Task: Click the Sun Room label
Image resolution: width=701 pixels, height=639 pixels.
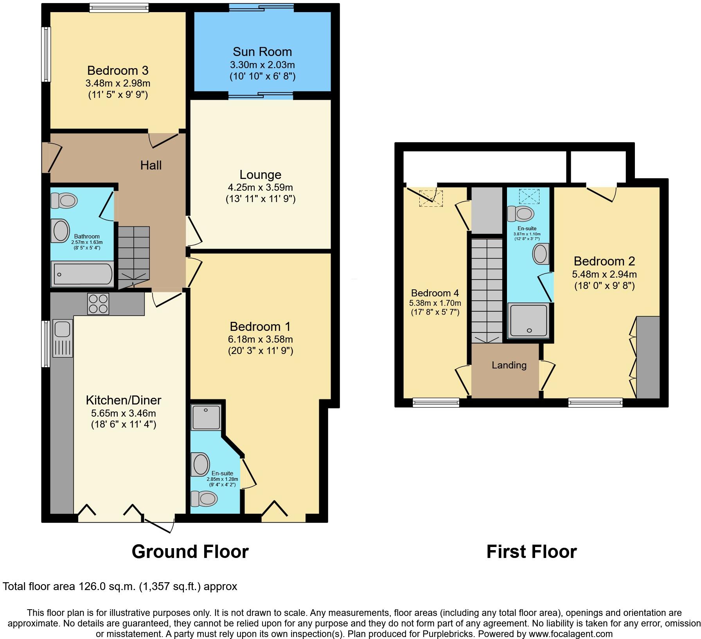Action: (x=262, y=52)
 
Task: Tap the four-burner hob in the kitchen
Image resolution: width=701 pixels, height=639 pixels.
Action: (x=98, y=304)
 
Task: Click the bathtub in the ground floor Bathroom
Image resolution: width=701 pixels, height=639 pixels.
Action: (x=83, y=274)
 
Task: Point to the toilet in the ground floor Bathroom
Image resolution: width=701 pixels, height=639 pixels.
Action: (x=64, y=201)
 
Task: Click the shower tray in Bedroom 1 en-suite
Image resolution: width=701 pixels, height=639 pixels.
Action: (x=206, y=417)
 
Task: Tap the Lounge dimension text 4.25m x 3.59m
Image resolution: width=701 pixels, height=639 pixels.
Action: (x=261, y=188)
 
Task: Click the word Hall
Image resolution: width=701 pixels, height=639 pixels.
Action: (x=151, y=165)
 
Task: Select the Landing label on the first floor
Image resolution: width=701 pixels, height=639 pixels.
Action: (x=509, y=365)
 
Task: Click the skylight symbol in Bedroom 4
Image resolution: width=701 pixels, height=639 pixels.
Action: (x=431, y=198)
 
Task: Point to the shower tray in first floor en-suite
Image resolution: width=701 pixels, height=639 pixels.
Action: (x=528, y=320)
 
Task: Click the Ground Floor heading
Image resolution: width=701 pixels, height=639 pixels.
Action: (x=190, y=551)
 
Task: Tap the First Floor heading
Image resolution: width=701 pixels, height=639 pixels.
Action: (x=531, y=551)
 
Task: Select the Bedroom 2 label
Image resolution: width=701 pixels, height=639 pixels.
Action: (x=604, y=261)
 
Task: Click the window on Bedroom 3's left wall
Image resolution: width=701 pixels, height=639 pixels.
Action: (x=47, y=54)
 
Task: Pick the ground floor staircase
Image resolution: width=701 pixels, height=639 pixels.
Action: (x=134, y=256)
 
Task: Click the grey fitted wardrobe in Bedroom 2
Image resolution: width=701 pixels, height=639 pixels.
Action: (x=648, y=357)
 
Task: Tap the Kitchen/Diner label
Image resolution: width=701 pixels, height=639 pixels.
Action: (x=123, y=400)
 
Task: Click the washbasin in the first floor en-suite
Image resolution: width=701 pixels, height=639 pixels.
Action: (x=541, y=254)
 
